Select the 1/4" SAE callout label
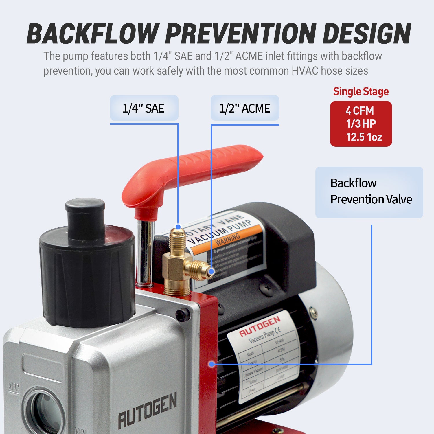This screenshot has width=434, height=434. click(144, 108)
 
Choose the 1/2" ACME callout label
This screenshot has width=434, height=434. click(244, 108)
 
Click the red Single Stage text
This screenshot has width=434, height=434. click(361, 91)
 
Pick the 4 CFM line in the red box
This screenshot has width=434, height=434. click(360, 111)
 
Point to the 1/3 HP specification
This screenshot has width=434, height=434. click(361, 124)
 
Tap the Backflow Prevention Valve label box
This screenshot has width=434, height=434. click(369, 192)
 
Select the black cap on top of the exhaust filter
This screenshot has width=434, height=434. click(85, 214)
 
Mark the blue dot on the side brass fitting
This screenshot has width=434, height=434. click(212, 271)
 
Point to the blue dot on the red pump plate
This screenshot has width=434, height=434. click(212, 364)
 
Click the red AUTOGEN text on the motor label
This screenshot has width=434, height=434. click(260, 326)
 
